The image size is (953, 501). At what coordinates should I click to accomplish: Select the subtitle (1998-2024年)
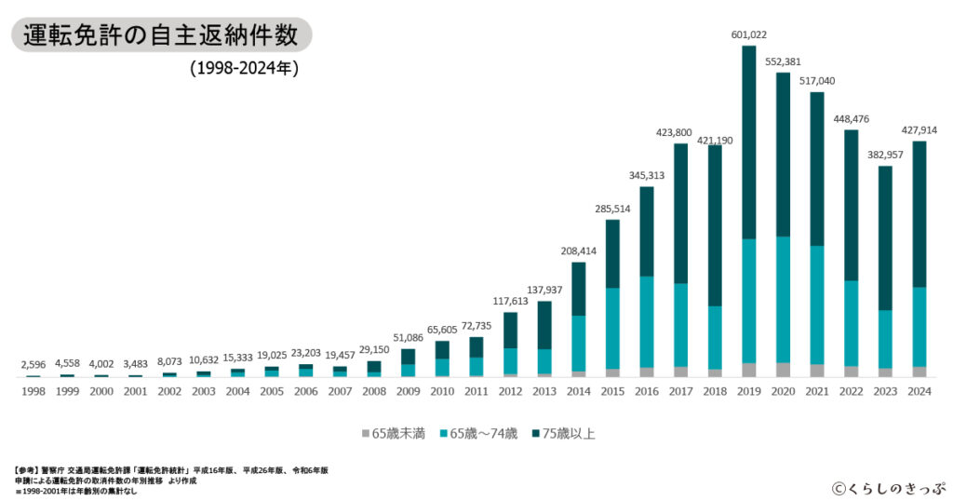click(244, 68)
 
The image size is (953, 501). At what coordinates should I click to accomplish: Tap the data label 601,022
click(748, 35)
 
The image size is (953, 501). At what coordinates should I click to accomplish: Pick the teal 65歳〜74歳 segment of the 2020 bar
click(783, 299)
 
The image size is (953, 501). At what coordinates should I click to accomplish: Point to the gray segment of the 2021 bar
click(816, 371)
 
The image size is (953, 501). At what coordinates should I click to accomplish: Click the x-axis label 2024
click(919, 392)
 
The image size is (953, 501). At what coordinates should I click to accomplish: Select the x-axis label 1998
click(34, 392)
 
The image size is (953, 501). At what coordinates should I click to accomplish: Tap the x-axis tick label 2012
click(510, 392)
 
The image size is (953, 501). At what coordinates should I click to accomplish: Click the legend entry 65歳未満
click(394, 434)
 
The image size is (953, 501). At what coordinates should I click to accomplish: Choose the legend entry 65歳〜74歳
click(479, 434)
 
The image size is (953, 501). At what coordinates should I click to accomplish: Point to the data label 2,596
click(34, 365)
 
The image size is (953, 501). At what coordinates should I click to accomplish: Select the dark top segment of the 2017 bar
click(680, 213)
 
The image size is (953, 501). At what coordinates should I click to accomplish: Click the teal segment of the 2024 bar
click(919, 327)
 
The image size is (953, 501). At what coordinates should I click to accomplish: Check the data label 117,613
click(510, 301)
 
